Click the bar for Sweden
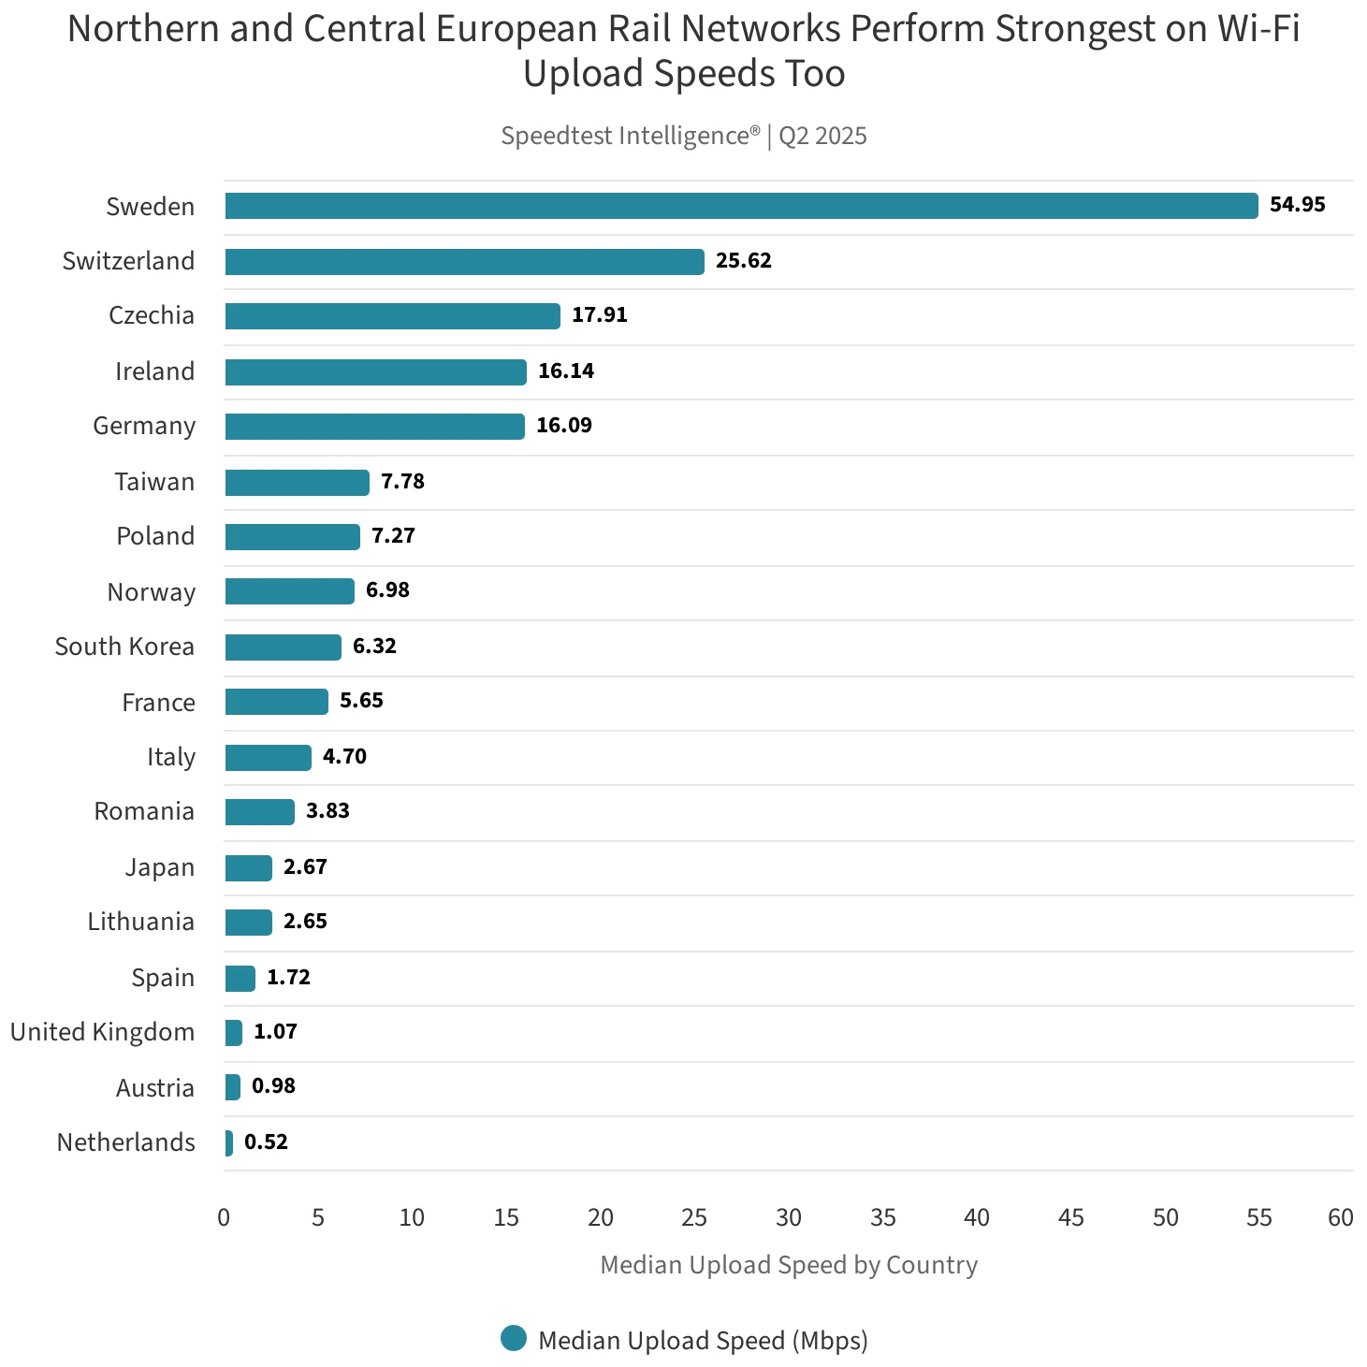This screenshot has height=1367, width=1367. click(741, 206)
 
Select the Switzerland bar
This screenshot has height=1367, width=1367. click(464, 262)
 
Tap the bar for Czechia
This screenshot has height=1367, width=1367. click(392, 316)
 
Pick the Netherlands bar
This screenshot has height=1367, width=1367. click(229, 1143)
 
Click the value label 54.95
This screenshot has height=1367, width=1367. click(1297, 205)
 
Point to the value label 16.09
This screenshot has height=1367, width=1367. click(563, 426)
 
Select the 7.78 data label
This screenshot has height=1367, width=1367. click(402, 482)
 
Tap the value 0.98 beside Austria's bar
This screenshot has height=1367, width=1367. click(273, 1086)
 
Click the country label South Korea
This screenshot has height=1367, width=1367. click(124, 647)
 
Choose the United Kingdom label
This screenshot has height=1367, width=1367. click(102, 1032)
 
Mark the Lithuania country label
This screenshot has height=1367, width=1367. click(140, 922)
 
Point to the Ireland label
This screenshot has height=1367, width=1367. click(154, 371)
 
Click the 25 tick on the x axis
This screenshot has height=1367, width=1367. click(694, 1217)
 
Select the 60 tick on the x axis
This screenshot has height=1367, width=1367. click(1340, 1217)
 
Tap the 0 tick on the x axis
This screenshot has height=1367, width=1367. click(224, 1217)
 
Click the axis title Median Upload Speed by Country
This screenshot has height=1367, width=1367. click(789, 1265)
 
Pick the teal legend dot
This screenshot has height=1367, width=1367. click(514, 1339)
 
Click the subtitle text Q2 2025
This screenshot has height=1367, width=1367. click(822, 137)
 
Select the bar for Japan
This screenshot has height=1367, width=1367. click(248, 868)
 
